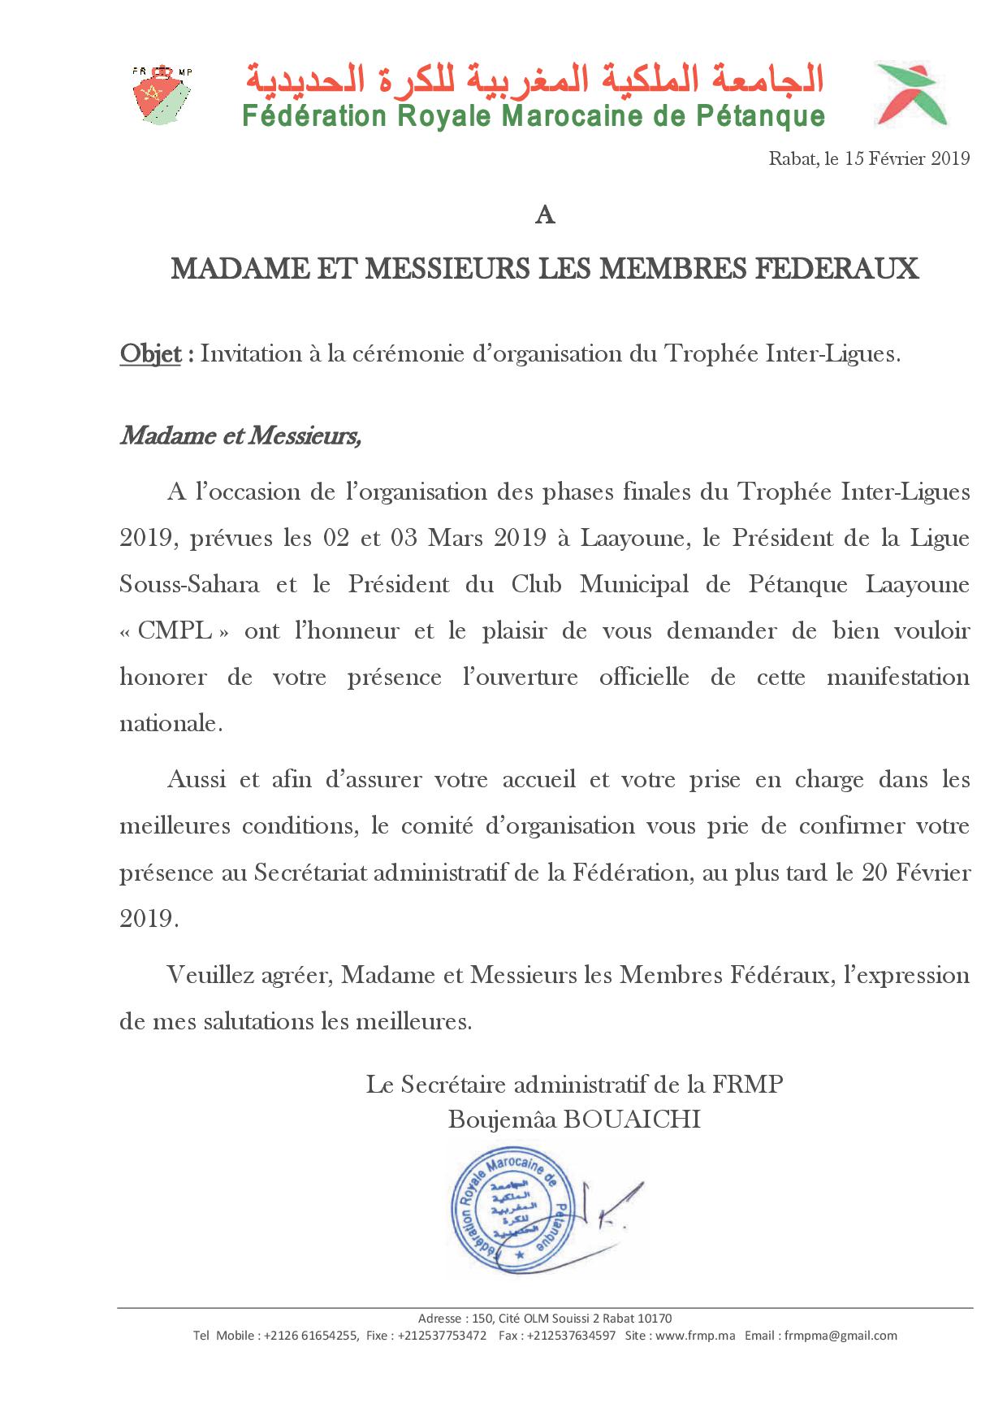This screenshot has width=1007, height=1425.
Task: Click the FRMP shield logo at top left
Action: coord(162,93)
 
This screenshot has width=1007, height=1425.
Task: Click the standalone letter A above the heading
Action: coord(545,216)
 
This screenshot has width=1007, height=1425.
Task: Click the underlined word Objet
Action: coord(150,354)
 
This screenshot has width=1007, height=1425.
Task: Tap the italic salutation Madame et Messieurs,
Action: coord(240,436)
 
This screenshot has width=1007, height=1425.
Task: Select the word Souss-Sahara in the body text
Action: coord(189,585)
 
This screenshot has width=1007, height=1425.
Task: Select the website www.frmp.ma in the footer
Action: coord(697,1335)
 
